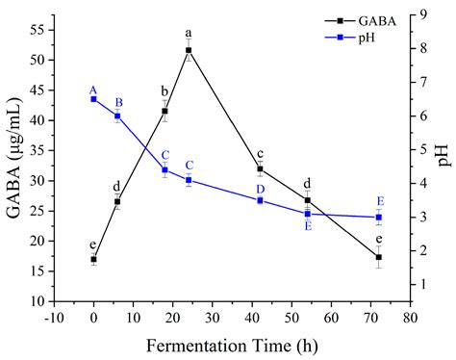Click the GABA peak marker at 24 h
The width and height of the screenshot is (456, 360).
tap(189, 50)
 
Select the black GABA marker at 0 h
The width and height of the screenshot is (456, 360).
tap(93, 259)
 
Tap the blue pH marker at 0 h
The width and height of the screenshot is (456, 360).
tap(93, 99)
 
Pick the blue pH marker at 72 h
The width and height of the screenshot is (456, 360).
tap(379, 218)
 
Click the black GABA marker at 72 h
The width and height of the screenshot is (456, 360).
tap(379, 257)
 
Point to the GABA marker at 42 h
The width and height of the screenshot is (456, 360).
tap(260, 168)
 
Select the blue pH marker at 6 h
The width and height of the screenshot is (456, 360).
tap(117, 116)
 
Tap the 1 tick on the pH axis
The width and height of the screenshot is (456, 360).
tap(423, 285)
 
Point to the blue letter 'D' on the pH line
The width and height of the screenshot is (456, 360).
tap(260, 189)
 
